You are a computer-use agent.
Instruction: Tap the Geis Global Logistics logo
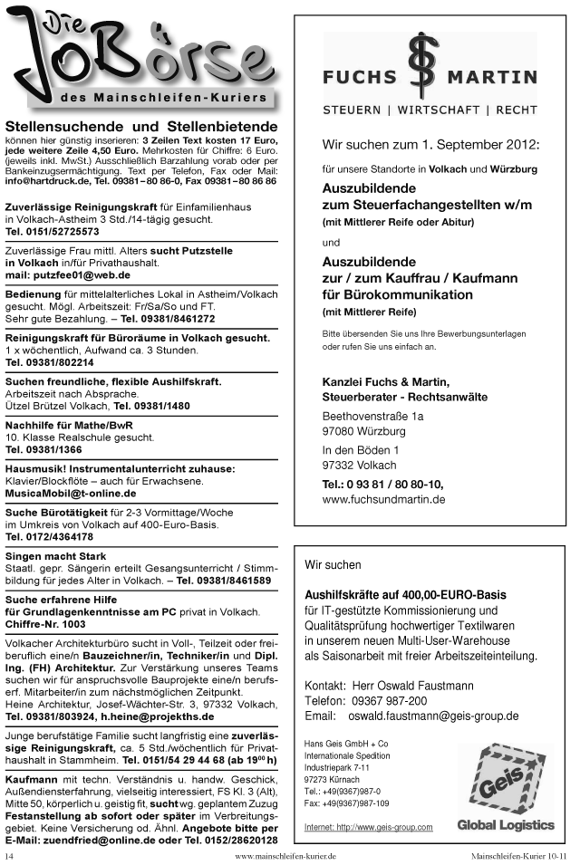(x=505, y=788)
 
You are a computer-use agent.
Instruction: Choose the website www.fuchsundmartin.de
(x=383, y=499)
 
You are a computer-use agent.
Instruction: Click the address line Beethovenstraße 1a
(x=372, y=416)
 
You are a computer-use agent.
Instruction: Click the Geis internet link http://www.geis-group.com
(x=368, y=827)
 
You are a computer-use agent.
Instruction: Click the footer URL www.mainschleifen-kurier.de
(x=285, y=855)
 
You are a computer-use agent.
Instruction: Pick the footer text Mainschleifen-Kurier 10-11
(x=518, y=855)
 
